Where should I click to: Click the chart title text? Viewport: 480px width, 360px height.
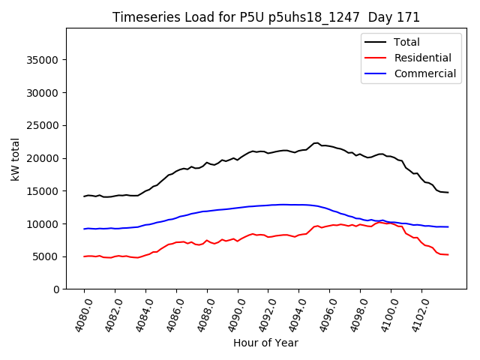pyautogui.click(x=265, y=17)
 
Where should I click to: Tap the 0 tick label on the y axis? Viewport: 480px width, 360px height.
pyautogui.click(x=56, y=289)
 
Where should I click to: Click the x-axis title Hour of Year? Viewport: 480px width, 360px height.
pyautogui.click(x=265, y=343)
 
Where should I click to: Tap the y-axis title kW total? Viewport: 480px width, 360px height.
pyautogui.click(x=15, y=159)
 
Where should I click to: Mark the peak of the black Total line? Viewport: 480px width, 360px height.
pyautogui.click(x=316, y=142)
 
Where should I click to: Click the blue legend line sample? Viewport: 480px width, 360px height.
pyautogui.click(x=375, y=73)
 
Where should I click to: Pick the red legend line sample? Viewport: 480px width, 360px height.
pyautogui.click(x=375, y=58)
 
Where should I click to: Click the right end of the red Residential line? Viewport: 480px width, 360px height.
pyautogui.click(x=448, y=255)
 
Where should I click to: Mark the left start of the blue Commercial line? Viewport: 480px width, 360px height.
pyautogui.click(x=84, y=229)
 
